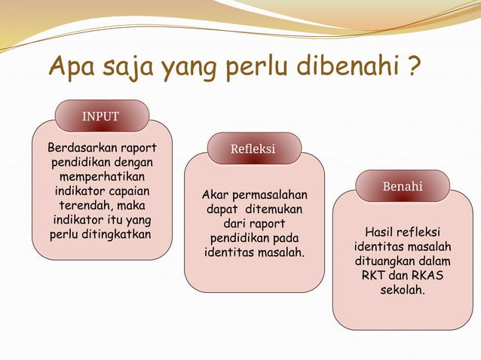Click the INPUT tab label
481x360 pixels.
(x=100, y=116)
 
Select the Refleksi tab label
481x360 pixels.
(x=253, y=149)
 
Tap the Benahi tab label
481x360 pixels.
(x=403, y=186)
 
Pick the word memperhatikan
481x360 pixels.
(x=100, y=176)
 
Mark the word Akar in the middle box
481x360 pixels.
(x=214, y=196)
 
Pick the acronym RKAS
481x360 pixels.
(x=426, y=275)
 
